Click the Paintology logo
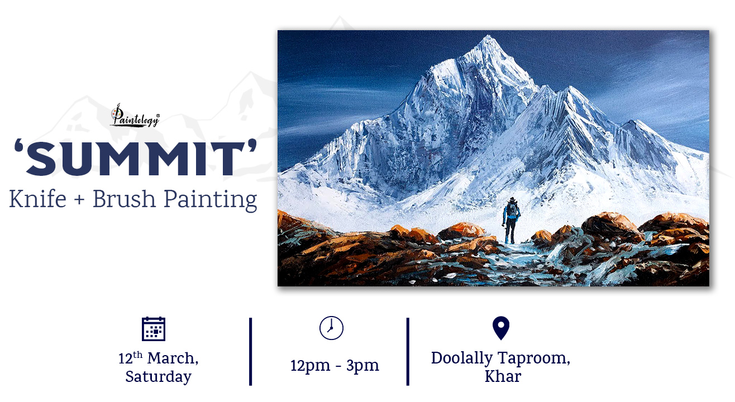[135, 116]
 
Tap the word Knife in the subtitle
[38, 198]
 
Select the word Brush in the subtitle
[124, 198]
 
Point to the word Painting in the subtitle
[211, 200]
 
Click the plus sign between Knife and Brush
[79, 200]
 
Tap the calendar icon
[154, 329]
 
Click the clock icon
[331, 328]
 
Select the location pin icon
[501, 328]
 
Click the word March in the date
[173, 358]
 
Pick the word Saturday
[158, 376]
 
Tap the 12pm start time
[310, 365]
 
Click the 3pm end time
[362, 365]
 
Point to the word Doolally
[462, 358]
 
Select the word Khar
[503, 376]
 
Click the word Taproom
[534, 358]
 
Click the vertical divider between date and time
[250, 352]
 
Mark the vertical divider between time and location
[408, 352]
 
